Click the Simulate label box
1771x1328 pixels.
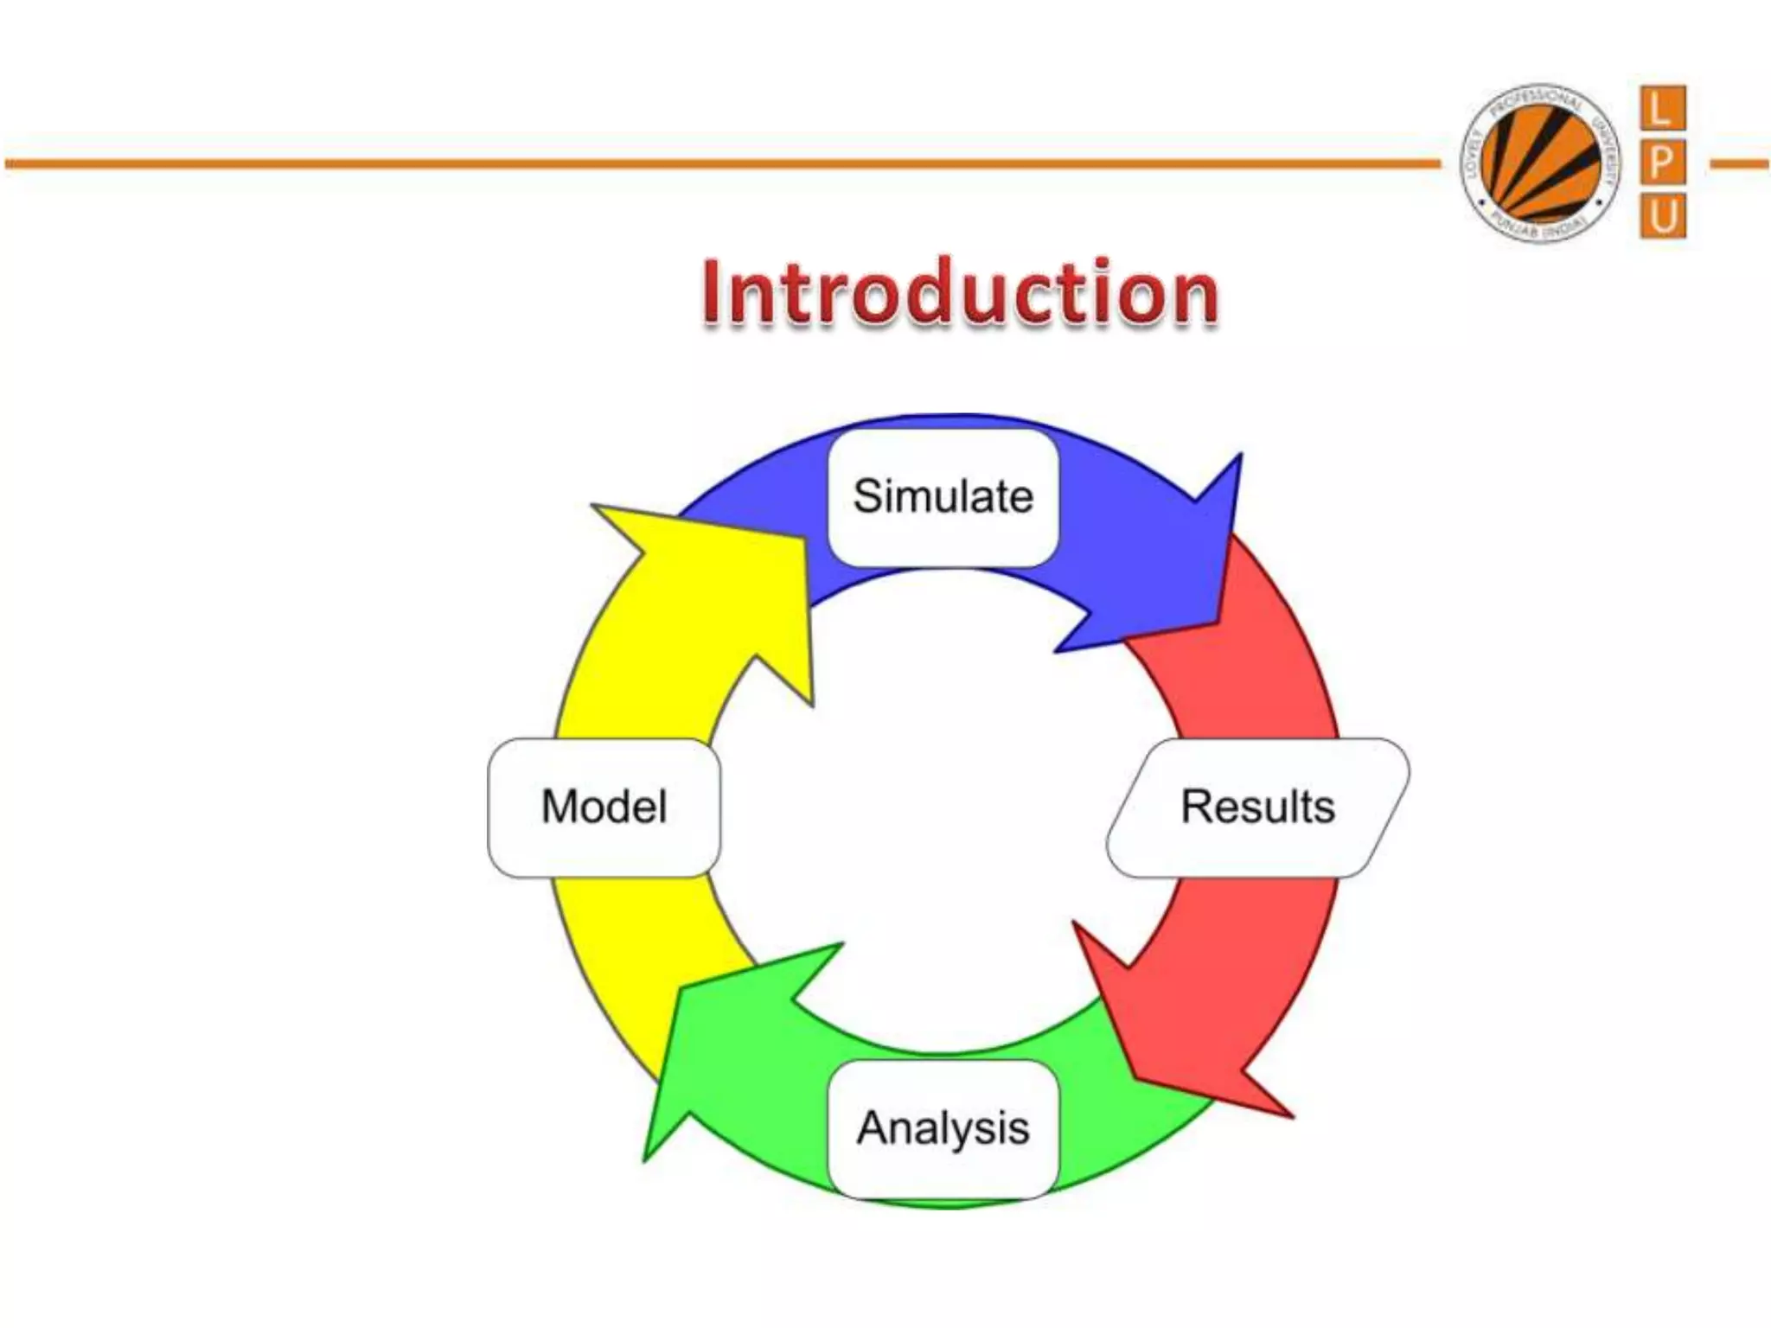tap(943, 497)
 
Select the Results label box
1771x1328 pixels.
tap(1257, 807)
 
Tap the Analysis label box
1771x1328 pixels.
tap(943, 1128)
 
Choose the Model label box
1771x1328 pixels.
tap(604, 807)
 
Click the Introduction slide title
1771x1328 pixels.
tap(960, 294)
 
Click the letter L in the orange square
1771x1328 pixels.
tap(1662, 110)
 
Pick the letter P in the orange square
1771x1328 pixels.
tap(1662, 163)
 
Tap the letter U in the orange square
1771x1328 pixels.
tap(1662, 215)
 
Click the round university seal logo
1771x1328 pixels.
tap(1539, 163)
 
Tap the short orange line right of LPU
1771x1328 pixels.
tap(1738, 163)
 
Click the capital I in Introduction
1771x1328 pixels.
tap(713, 294)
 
